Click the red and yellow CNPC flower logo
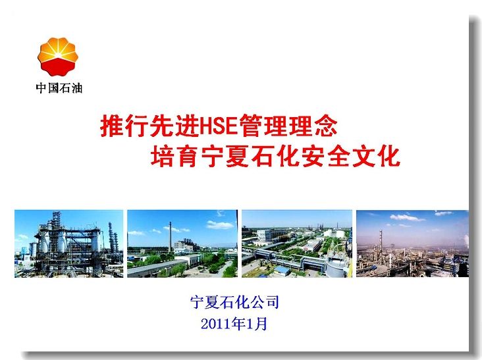pyautogui.click(x=58, y=57)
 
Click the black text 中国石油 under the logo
pyautogui.click(x=59, y=88)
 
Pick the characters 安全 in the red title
pyautogui.click(x=325, y=157)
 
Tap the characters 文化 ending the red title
pyautogui.click(x=376, y=157)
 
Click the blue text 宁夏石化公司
pyautogui.click(x=234, y=302)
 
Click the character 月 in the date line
pyautogui.click(x=261, y=324)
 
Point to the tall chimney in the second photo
pyautogui.click(x=170, y=236)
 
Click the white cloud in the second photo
pyautogui.click(x=220, y=225)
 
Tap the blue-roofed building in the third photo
pyautogui.click(x=282, y=270)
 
